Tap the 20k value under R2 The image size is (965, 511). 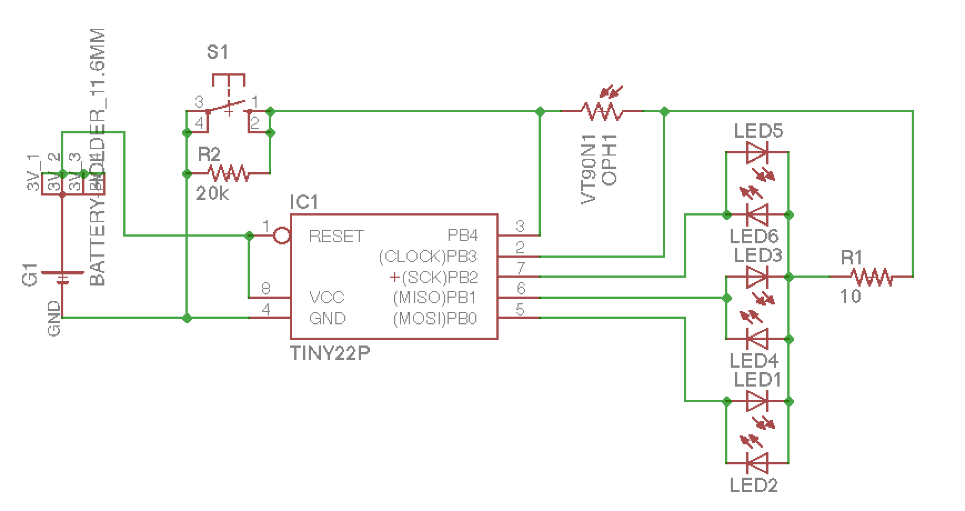213,194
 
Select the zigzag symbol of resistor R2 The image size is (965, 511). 228,173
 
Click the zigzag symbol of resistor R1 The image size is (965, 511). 871,276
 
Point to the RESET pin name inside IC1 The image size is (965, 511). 336,236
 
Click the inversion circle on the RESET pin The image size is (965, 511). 282,236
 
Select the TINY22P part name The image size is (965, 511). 330,354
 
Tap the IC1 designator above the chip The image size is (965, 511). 304,202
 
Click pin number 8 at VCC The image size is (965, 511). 266,288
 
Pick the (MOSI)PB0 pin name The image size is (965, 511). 435,319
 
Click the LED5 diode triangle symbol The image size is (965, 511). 757,152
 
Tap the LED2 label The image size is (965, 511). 753,485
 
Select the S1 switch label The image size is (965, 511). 217,53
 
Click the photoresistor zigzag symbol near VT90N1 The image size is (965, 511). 602,112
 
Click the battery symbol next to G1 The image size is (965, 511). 62,277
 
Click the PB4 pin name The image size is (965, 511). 463,236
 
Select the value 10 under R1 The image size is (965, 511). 851,297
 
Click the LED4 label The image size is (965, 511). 753,361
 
